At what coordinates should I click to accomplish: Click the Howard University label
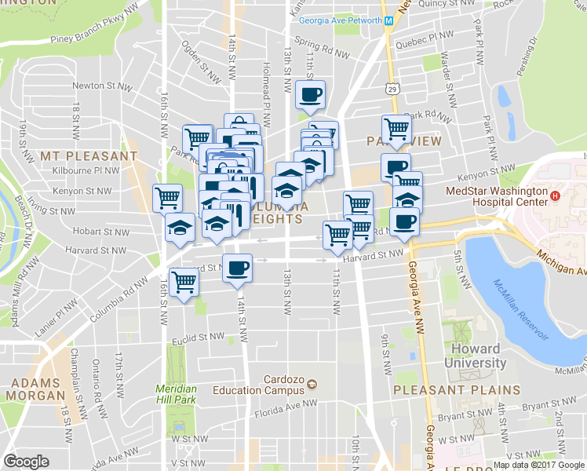click(x=476, y=356)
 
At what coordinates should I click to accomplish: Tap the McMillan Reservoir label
click(x=520, y=310)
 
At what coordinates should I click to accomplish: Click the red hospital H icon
click(x=556, y=195)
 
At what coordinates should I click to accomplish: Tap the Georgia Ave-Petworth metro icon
click(x=388, y=20)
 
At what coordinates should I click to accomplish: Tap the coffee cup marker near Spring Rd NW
click(x=309, y=95)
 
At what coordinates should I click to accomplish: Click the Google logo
click(x=27, y=462)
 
